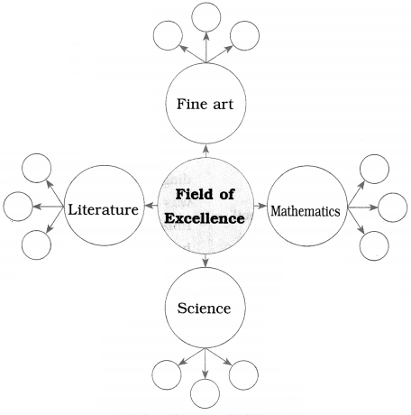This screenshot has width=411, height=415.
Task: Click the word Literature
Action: click(x=104, y=209)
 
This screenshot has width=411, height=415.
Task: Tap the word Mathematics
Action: click(x=306, y=211)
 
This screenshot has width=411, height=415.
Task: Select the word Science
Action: click(x=204, y=309)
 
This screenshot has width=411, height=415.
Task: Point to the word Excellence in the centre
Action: click(x=205, y=218)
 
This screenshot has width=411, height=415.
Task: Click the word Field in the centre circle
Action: click(x=191, y=194)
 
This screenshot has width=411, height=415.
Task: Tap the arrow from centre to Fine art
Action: click(x=205, y=152)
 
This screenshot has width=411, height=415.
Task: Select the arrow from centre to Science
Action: click(x=205, y=261)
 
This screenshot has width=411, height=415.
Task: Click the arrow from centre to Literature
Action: click(x=151, y=206)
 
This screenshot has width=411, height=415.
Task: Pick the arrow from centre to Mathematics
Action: click(x=260, y=206)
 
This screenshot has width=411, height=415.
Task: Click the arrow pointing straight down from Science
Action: click(x=205, y=364)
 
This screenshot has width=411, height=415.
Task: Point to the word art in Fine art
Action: click(x=223, y=105)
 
